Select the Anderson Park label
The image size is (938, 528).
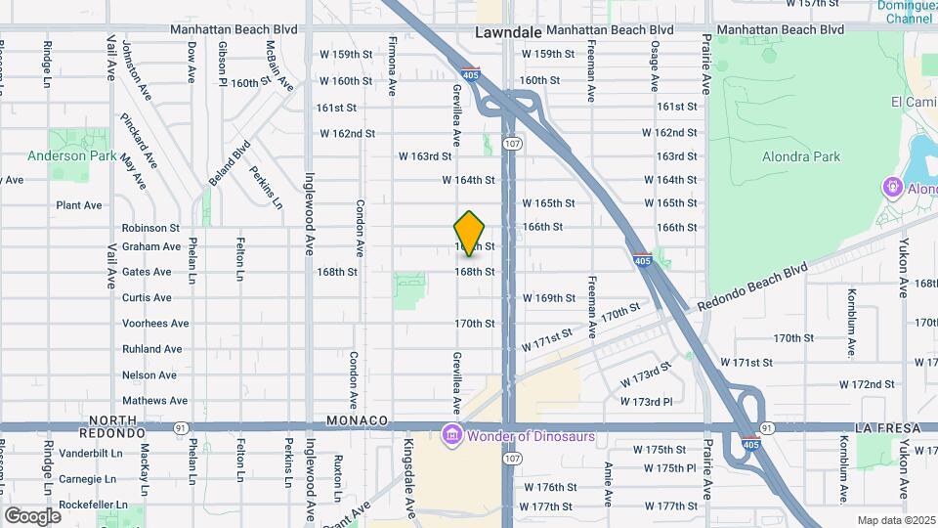point(71,155)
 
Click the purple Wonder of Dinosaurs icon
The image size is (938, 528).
point(450,433)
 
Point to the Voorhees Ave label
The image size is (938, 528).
point(155,324)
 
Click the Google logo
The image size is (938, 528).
point(32,515)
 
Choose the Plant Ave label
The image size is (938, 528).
point(79,205)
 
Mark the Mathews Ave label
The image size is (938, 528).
point(154,401)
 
